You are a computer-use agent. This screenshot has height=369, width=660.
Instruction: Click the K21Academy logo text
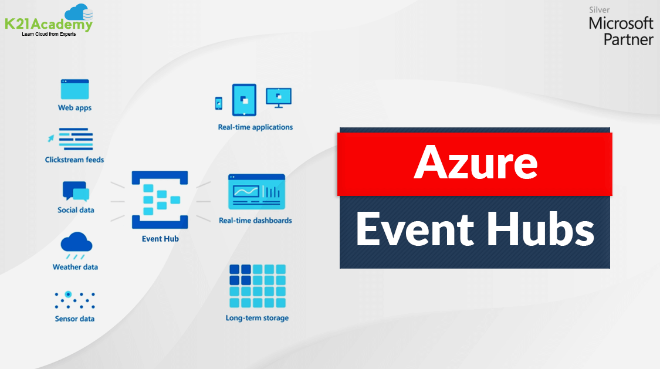(48, 25)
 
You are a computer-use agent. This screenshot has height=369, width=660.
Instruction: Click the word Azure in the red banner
(475, 163)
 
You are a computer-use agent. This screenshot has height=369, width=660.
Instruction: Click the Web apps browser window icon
(75, 89)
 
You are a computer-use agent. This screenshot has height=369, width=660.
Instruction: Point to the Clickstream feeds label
(75, 160)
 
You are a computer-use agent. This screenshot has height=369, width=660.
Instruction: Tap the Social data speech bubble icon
(75, 192)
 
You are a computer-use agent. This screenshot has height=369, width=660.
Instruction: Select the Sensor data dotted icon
(75, 300)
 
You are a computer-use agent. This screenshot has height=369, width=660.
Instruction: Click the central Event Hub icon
(160, 200)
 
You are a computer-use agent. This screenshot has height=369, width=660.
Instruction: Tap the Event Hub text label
(160, 239)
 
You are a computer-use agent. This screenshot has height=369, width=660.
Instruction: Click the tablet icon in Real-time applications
(244, 100)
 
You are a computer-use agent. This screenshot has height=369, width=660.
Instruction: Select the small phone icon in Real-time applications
(219, 103)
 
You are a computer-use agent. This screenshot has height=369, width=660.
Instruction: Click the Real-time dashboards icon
(256, 191)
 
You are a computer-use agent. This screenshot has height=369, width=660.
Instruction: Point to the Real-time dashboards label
(255, 221)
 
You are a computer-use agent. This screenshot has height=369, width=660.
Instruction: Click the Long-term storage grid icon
(257, 286)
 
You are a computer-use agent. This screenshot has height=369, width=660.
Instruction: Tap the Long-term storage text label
(257, 318)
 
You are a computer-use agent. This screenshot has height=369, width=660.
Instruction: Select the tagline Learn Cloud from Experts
(49, 34)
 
